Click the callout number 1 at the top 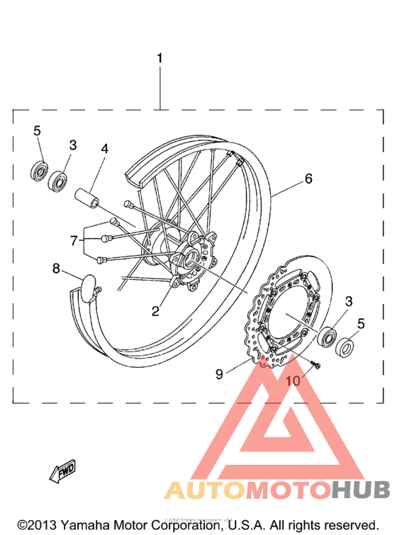coord(160,57)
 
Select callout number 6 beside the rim coord(308,179)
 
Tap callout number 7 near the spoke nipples coord(74,240)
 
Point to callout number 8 coord(56,268)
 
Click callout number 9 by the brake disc coord(220,373)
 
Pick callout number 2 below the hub coord(155,310)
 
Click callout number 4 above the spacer coord(104,150)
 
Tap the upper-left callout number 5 coord(38,130)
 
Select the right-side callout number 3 coord(347,302)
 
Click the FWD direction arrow coord(62,471)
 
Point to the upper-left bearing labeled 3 coord(58,181)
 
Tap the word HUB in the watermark coord(361,490)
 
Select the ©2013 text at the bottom coord(35,525)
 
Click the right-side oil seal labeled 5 coord(345,347)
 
